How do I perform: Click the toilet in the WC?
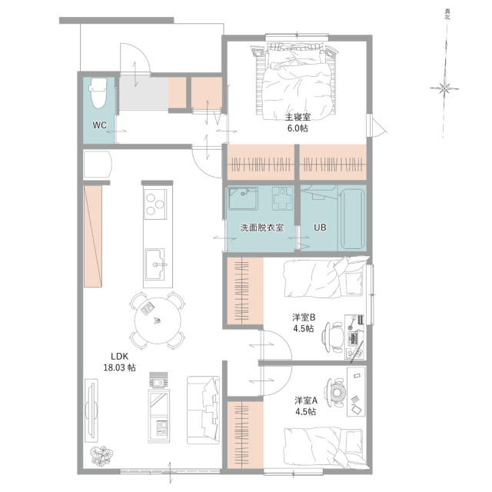pos(98,93)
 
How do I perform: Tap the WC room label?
pos(99,125)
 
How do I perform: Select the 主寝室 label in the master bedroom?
pos(298,117)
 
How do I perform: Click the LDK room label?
pos(120,356)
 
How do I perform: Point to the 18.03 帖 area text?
pos(120,367)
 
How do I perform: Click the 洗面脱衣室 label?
pos(262,228)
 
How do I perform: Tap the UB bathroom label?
pos(320,228)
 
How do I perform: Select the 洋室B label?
pos(304,317)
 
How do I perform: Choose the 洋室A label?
pos(306,401)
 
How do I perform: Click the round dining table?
pos(158,321)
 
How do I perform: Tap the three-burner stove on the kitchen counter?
pos(155,204)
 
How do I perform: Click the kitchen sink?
pos(155,264)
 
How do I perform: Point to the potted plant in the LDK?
pos(101,456)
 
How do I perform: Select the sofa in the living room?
pos(203,410)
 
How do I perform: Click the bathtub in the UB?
pos(353,218)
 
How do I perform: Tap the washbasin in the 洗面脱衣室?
pos(243,198)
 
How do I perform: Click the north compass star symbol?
pos(444,88)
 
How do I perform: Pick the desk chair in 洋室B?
pos(333,337)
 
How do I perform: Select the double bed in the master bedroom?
pos(297,81)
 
